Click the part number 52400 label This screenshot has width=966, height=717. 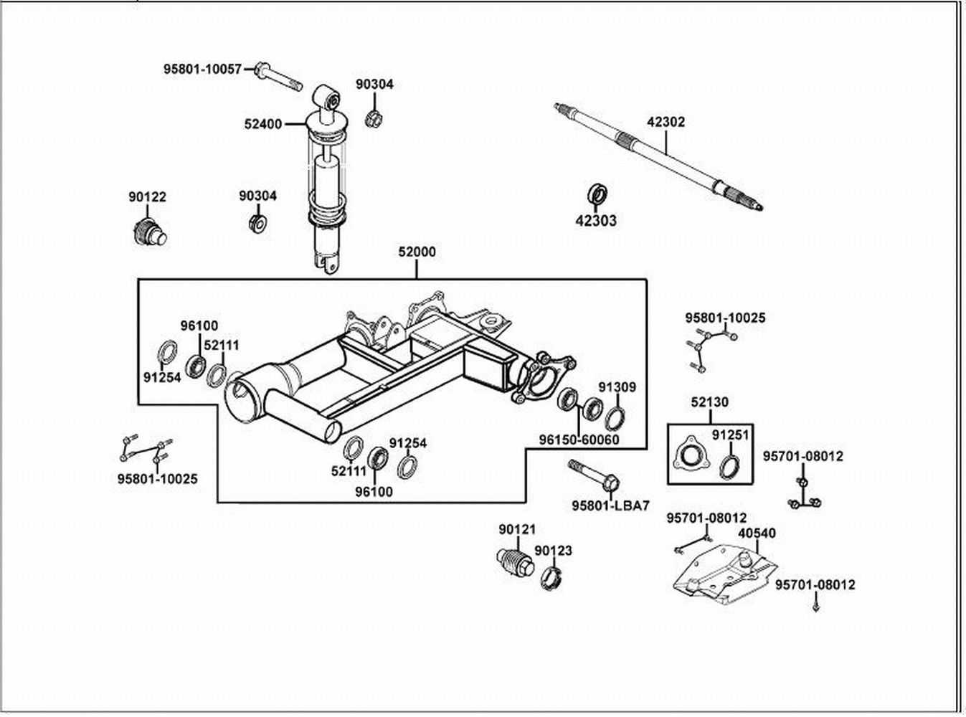[262, 124]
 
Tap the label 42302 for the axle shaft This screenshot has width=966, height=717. [666, 122]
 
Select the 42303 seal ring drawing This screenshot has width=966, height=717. [597, 194]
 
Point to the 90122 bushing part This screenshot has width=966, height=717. [148, 232]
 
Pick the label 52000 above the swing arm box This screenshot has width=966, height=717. [417, 252]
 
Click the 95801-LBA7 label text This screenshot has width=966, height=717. [610, 505]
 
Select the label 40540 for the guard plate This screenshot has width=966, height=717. [757, 533]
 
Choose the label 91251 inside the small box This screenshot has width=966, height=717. [730, 435]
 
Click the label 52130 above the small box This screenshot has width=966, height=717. [709, 402]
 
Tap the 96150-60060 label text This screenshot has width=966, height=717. [579, 440]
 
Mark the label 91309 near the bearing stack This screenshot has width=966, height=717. [617, 388]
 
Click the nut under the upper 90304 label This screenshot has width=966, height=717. [373, 118]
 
